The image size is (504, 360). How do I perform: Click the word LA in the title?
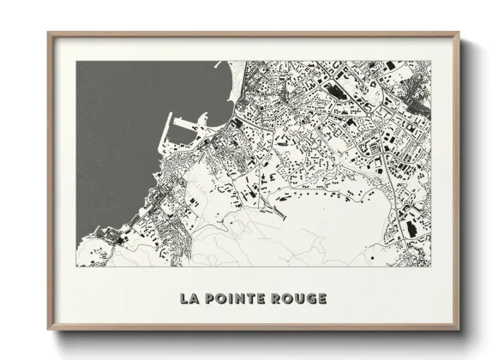(x=189, y=298)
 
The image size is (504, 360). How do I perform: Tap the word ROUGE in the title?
(x=299, y=298)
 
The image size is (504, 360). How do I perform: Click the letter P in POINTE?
(x=211, y=298)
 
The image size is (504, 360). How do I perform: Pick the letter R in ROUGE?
(x=278, y=298)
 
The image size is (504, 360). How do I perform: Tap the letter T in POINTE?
(x=253, y=298)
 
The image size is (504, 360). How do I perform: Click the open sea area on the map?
(x=129, y=120)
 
